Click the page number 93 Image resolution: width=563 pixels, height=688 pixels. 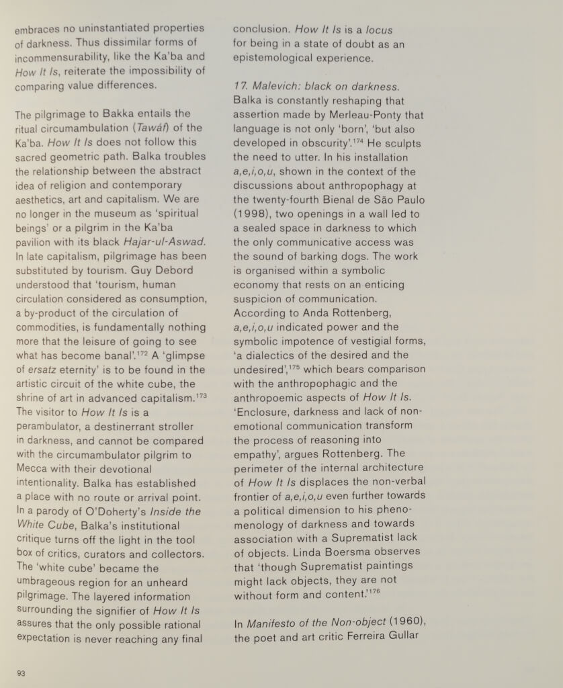(x=21, y=673)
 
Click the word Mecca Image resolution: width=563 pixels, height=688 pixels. (x=34, y=469)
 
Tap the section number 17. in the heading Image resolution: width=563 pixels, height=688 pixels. (x=241, y=87)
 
